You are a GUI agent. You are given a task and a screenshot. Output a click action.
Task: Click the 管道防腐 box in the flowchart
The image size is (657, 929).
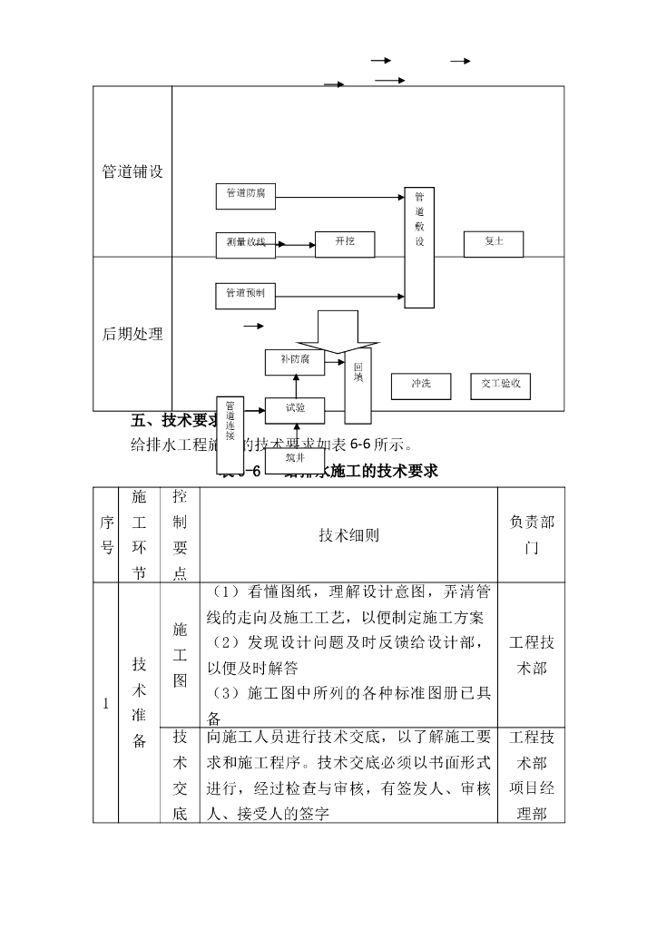point(246,194)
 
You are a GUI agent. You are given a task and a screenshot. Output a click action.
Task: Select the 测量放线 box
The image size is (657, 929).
point(246,243)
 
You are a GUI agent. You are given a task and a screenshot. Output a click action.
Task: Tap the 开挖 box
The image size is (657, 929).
point(345,243)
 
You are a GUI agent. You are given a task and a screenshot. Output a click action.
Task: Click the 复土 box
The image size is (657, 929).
point(493,243)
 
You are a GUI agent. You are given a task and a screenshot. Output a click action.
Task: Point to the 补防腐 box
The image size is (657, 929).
point(295,361)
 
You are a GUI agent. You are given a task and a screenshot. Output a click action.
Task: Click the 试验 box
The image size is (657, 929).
point(295,410)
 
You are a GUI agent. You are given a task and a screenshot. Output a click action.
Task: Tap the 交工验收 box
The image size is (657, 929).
point(501,386)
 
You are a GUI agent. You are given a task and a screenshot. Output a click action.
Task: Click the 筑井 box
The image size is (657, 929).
point(295,458)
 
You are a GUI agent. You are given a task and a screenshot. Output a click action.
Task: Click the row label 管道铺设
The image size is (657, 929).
point(132,171)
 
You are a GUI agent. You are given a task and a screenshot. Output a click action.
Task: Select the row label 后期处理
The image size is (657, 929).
point(132,334)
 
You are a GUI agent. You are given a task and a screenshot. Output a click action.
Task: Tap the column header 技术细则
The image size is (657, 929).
point(348,535)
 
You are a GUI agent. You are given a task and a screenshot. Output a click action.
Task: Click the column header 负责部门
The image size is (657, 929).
point(531,535)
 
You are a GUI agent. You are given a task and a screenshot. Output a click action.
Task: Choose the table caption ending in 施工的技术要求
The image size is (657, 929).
point(363,471)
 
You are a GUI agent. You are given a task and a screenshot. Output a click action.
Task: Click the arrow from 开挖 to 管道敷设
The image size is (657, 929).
point(389,243)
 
